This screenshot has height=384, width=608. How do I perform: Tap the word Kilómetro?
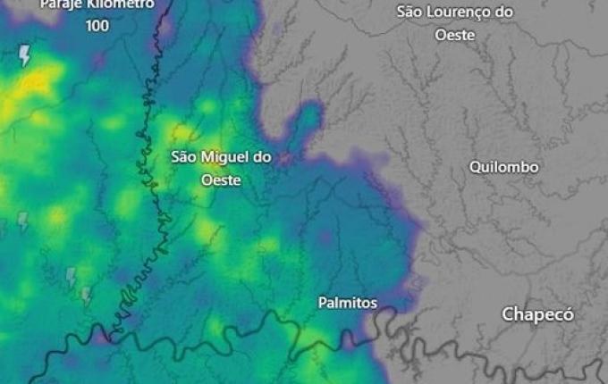[122, 4]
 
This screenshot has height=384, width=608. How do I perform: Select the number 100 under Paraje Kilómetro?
[97, 26]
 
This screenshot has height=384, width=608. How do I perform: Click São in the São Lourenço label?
[410, 13]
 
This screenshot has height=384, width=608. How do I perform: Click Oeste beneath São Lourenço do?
[454, 35]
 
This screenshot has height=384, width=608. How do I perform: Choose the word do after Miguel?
[262, 157]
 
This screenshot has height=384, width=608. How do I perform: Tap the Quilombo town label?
[504, 167]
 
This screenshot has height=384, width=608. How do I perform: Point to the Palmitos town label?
[348, 303]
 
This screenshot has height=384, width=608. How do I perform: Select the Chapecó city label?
[537, 314]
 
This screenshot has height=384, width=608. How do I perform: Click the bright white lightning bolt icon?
[25, 56]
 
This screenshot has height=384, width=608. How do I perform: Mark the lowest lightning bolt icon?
[87, 294]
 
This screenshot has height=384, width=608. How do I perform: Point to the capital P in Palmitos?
[323, 303]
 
